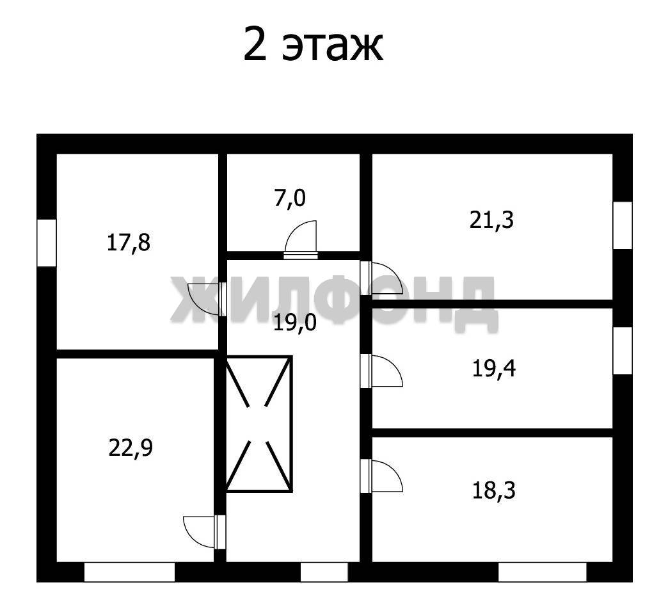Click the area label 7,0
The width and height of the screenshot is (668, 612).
pos(290,198)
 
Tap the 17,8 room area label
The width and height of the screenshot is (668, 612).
pos(128,243)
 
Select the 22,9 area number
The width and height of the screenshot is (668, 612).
pos(131,448)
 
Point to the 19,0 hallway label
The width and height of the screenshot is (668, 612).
pos(295,323)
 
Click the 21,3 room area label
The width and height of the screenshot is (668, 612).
pos(491,220)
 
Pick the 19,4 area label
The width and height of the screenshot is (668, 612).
pos(494,369)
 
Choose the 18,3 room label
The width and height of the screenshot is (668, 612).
pos(494,490)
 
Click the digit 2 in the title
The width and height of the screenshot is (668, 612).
pos(255,44)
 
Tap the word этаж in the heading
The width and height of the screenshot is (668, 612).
pos(333,47)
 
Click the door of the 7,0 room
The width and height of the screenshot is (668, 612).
pos(301,239)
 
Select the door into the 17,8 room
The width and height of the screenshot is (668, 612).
pos(207,299)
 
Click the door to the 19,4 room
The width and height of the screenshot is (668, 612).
pos(381,371)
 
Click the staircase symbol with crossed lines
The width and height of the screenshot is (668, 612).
pos(259,424)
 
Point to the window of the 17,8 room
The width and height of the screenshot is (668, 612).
pos(47,243)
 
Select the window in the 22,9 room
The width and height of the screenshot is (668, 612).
pos(129,572)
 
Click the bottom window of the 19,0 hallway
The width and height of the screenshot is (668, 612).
pos(324,572)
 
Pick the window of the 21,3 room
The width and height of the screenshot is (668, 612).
pos(623,225)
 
